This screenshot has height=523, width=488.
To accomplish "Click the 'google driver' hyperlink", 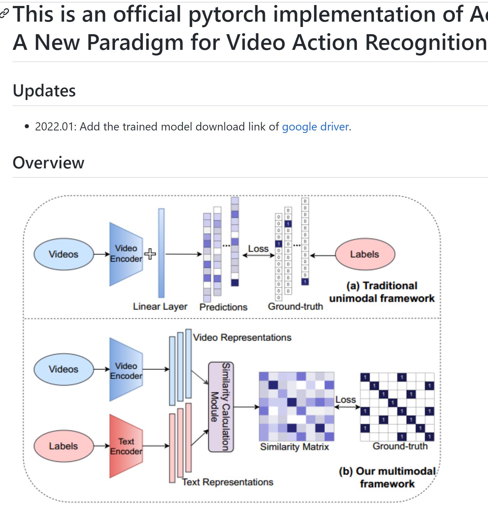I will pyautogui.click(x=315, y=127).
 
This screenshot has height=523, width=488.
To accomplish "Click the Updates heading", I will pyautogui.click(x=44, y=91).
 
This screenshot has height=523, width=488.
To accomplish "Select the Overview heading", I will pyautogui.click(x=48, y=162).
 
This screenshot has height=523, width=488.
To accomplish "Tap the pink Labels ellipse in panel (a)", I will pyautogui.click(x=365, y=254).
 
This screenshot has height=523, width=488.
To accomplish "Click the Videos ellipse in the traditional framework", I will pyautogui.click(x=63, y=254).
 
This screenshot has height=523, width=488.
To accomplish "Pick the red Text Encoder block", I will pyautogui.click(x=126, y=446).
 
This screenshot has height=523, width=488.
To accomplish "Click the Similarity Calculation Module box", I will pyautogui.click(x=221, y=407).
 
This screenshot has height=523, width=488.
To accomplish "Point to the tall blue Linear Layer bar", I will pyautogui.click(x=161, y=253).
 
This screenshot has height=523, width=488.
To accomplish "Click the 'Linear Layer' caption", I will pyautogui.click(x=160, y=306).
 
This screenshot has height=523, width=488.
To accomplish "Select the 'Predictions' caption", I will pyautogui.click(x=223, y=307).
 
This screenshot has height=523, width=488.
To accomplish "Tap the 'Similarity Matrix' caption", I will pyautogui.click(x=294, y=447).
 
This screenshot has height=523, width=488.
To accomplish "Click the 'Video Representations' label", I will pyautogui.click(x=242, y=338).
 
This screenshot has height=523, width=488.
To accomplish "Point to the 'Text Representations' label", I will pyautogui.click(x=228, y=482).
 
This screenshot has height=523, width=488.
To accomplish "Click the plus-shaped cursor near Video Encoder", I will pyautogui.click(x=150, y=254).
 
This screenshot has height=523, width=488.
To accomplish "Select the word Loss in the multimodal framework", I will pyautogui.click(x=346, y=400).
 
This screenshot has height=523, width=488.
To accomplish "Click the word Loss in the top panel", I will pyautogui.click(x=258, y=249).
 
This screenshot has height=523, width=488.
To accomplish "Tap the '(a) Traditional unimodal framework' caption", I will pyautogui.click(x=382, y=292).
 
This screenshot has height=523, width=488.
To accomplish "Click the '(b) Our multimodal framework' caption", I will pyautogui.click(x=387, y=478).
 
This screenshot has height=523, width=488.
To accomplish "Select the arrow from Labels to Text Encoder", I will pyautogui.click(x=102, y=446).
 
